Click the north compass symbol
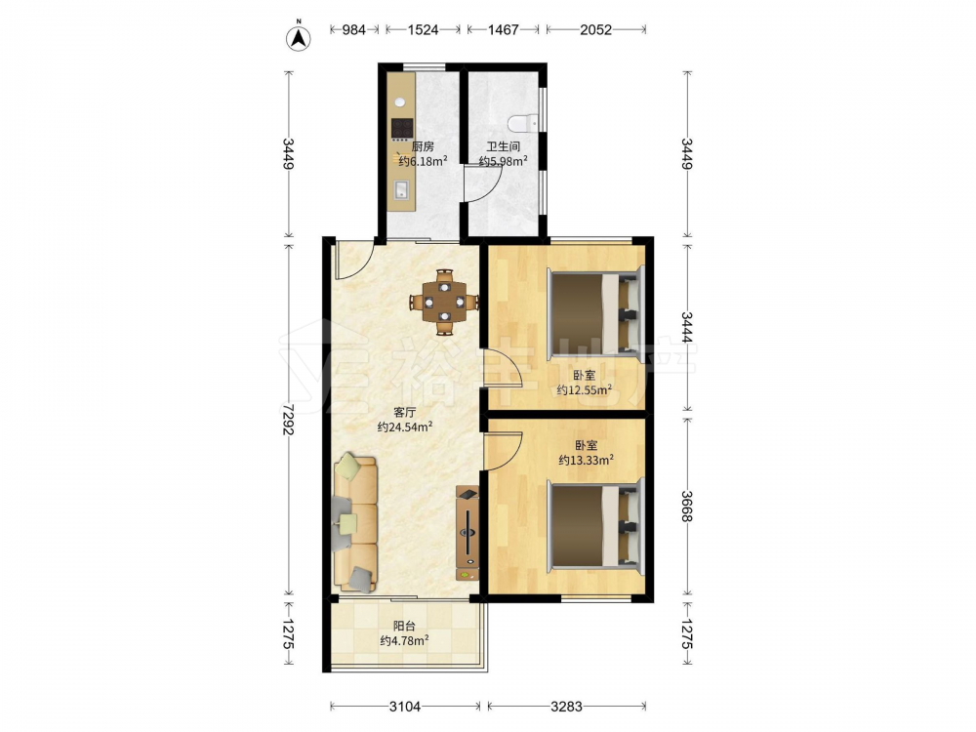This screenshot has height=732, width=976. (298, 37)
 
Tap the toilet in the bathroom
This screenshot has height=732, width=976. (521, 124)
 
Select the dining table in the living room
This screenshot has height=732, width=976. (444, 303)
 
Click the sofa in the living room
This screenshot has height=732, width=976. (355, 522)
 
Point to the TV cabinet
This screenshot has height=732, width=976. (468, 533)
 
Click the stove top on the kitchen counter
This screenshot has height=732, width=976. (402, 129)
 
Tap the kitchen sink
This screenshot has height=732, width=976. (402, 189)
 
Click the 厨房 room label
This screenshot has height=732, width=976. (423, 147)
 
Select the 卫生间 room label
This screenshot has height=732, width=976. (503, 147)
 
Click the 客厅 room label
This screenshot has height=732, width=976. (405, 412)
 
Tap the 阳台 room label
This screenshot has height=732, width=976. (404, 626)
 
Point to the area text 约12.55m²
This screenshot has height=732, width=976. (584, 390)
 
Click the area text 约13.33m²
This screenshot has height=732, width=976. (586, 460)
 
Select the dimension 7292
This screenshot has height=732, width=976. (288, 419)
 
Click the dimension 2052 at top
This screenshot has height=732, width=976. (595, 29)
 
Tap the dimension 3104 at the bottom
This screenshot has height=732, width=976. (405, 706)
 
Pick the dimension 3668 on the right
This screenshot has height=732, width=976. (686, 506)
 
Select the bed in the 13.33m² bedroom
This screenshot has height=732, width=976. (595, 525)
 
